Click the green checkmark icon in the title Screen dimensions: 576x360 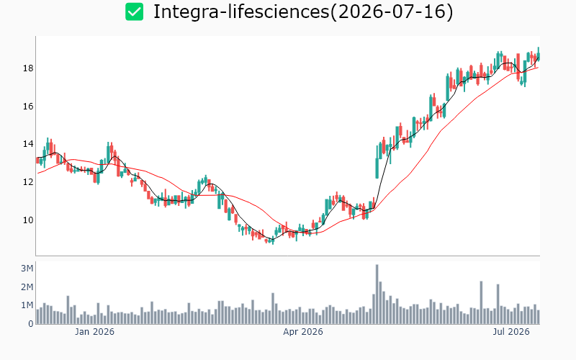pos(134,12)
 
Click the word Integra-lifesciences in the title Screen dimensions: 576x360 pos(241,12)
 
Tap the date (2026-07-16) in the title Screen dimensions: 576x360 pos(392,12)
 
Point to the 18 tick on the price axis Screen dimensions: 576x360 pos(28,68)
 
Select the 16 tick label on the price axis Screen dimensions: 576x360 pos(28,107)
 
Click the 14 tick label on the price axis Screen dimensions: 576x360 pos(28,144)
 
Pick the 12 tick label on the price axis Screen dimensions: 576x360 pos(28,182)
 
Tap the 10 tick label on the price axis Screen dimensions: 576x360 pos(28,220)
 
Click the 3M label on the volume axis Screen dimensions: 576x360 pos(27,269)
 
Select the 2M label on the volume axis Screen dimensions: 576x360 pos(27,287)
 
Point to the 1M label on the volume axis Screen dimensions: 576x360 pos(27,305)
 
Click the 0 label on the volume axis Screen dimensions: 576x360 pos(31,324)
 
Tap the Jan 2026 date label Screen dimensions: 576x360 pos(94,332)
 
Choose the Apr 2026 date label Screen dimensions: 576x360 pos(302,332)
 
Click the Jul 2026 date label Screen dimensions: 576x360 pos(511,332)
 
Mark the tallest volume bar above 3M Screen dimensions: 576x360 pos(377,294)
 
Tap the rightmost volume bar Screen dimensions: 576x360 pos(539,317)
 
